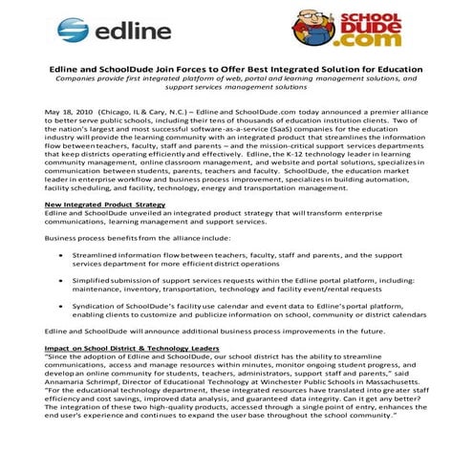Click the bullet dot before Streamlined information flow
pyautogui.click(x=64, y=256)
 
